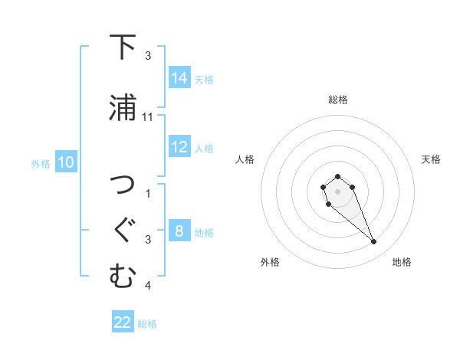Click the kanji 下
[x=123, y=47]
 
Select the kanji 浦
[x=123, y=108]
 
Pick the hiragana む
[x=123, y=277]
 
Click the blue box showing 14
[x=179, y=78]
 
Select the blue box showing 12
[x=179, y=147]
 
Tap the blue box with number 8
[x=179, y=231]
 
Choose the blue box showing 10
[x=66, y=162]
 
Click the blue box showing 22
[x=123, y=322]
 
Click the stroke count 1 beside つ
[x=148, y=194]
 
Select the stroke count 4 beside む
[x=148, y=286]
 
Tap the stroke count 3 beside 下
[x=148, y=56]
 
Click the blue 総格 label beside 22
[x=147, y=324]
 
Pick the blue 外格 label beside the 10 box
[x=41, y=163]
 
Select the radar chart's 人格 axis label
[x=245, y=159]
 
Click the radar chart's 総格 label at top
[x=337, y=100]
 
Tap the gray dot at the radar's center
[x=337, y=190]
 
